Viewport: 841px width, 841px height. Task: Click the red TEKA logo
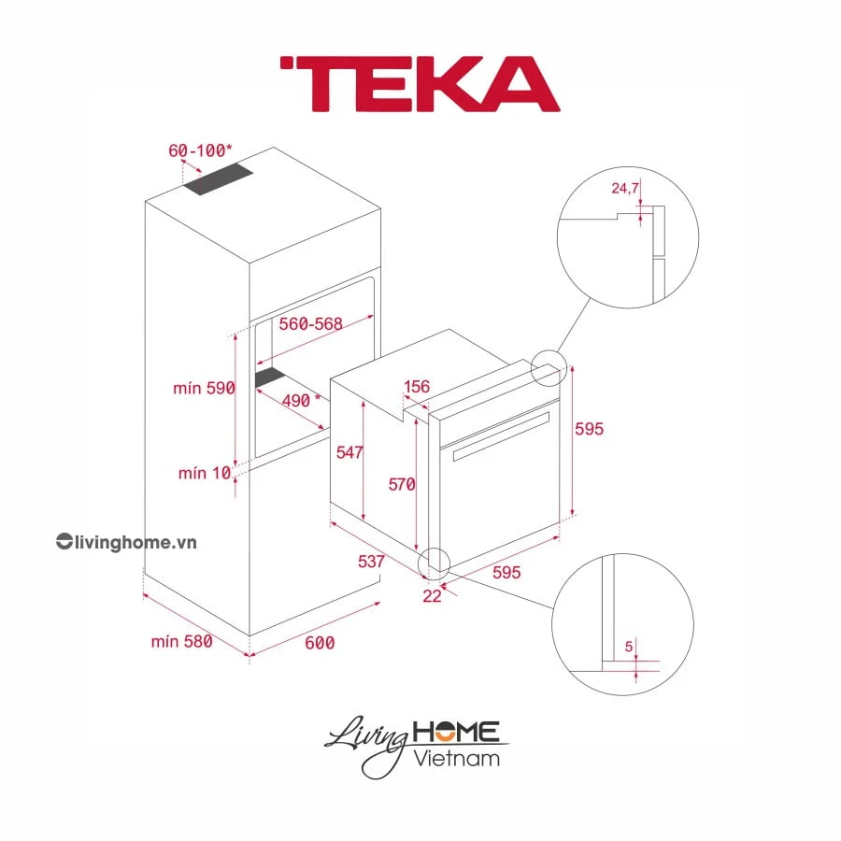click(419, 84)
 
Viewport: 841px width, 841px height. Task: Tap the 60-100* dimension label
click(200, 150)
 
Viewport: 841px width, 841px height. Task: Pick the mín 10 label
click(204, 474)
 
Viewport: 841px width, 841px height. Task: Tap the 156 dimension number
click(417, 387)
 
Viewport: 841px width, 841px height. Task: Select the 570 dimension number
click(403, 484)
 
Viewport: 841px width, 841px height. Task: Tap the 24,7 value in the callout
click(625, 189)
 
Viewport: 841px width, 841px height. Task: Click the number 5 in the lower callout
click(629, 645)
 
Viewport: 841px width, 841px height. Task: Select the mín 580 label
click(181, 641)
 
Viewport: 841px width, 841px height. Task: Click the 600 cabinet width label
click(319, 642)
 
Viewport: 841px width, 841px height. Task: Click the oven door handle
click(500, 437)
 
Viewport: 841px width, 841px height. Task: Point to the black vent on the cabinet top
click(221, 179)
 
